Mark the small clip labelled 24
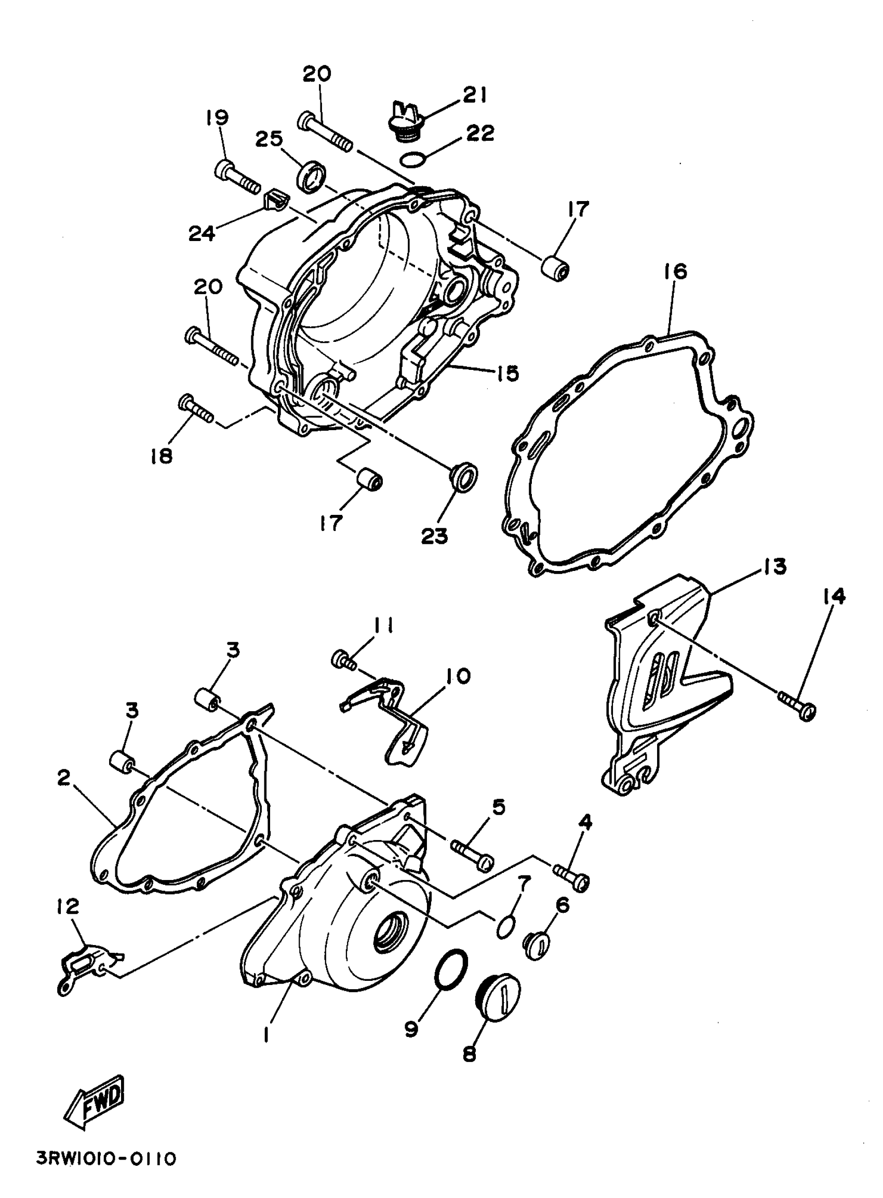[276, 199]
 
